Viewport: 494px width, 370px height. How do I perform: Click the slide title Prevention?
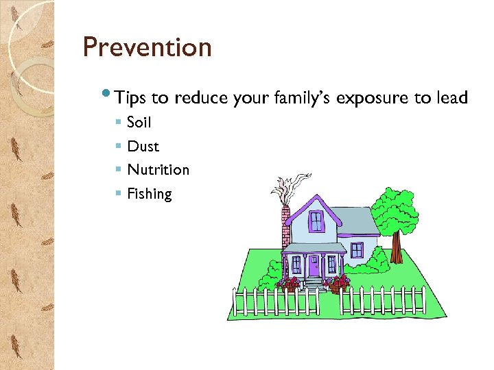147,48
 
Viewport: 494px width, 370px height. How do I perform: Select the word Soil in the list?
139,123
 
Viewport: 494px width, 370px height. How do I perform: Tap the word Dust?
143,146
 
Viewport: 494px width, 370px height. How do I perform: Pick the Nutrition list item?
158,170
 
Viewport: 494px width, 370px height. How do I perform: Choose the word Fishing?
150,194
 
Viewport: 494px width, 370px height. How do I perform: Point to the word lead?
451,98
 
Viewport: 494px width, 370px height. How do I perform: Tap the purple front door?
314,265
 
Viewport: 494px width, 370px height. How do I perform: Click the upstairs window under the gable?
316,221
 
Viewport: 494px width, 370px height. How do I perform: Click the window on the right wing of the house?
356,250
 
